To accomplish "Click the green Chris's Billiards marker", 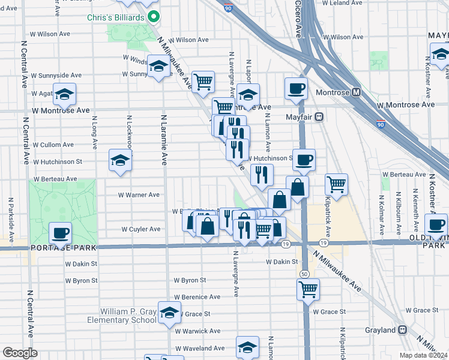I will point(154,17).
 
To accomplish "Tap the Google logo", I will point(20,353).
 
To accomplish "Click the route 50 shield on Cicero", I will point(305,274).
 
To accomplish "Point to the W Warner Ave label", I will point(139,195).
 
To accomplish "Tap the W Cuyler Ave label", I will point(141,229).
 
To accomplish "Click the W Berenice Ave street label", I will point(197,297).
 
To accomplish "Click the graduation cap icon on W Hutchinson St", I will point(120,160).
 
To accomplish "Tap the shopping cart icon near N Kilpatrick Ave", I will point(337,184).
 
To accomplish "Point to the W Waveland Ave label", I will point(199,348).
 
